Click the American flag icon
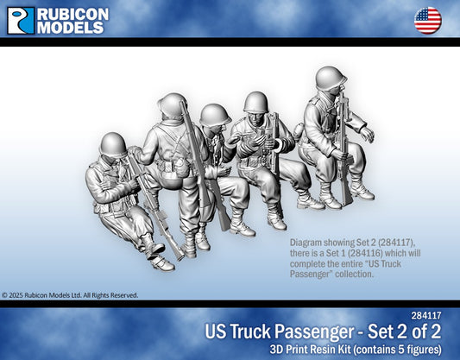point(427,19)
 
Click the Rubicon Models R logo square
point(21,20)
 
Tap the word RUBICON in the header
point(73,13)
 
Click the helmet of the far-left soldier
point(114,143)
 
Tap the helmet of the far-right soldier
point(331,78)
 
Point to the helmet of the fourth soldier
point(256,102)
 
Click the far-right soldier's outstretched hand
point(369,136)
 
